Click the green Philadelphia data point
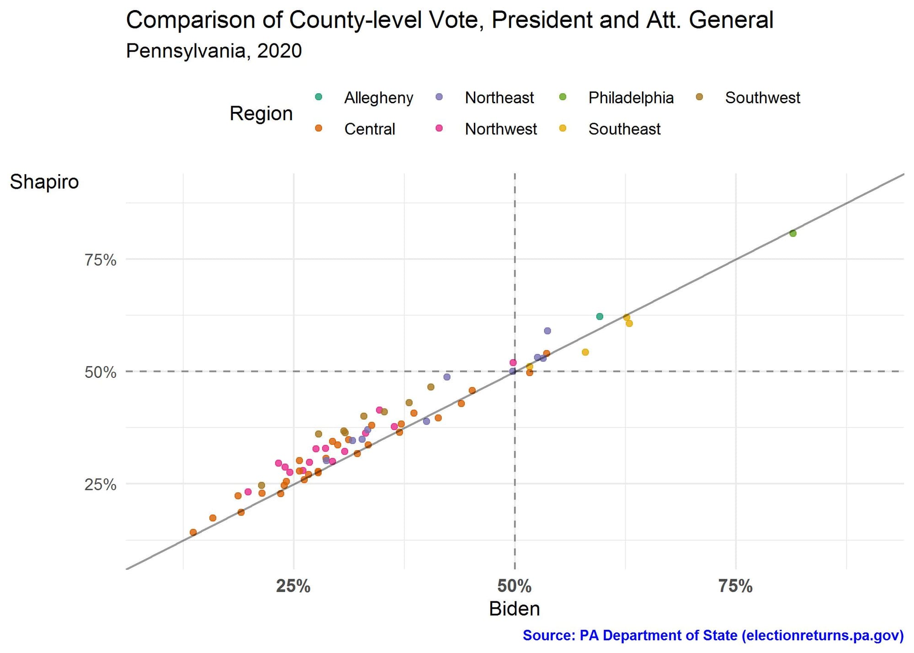793,234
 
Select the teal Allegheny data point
600,317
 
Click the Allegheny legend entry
378,98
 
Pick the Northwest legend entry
500,129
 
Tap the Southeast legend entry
624,129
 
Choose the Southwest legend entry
762,98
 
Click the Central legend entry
369,129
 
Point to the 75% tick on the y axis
100,260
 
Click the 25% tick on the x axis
293,586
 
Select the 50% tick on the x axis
515,586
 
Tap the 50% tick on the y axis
100,372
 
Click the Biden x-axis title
515,609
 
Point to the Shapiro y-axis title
44,182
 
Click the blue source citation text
713,636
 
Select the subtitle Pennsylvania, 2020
214,51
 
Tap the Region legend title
261,113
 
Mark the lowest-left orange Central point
193,532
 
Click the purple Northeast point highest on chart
547,331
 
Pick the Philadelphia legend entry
631,98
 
